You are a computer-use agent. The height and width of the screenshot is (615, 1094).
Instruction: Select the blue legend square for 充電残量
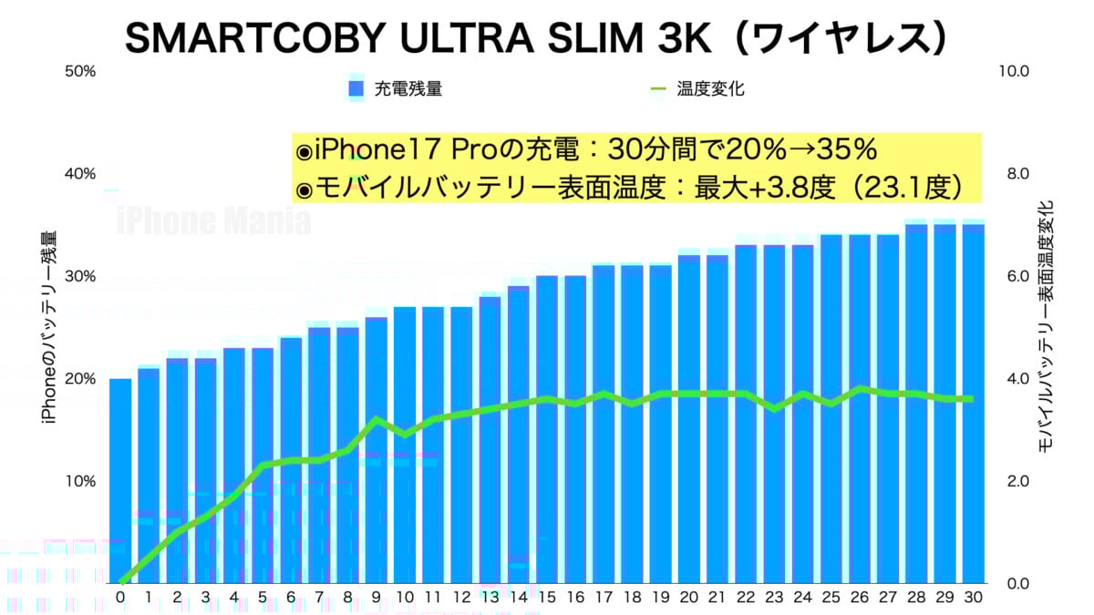tap(356, 88)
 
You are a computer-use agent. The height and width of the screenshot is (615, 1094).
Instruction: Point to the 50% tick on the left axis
tap(80, 71)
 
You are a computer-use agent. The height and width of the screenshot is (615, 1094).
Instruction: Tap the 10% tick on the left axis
tap(80, 481)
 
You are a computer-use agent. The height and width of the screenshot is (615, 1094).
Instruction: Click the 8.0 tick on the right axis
tap(1016, 174)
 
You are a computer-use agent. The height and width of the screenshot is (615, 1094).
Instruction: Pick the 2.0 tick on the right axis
tap(1016, 481)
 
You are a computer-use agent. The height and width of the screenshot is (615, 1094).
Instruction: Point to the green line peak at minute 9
tap(377, 419)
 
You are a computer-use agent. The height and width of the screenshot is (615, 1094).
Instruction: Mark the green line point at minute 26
tap(860, 389)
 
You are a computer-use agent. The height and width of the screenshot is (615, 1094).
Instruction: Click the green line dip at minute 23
tap(774, 409)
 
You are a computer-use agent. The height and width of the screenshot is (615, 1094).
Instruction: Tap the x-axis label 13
tap(490, 598)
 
